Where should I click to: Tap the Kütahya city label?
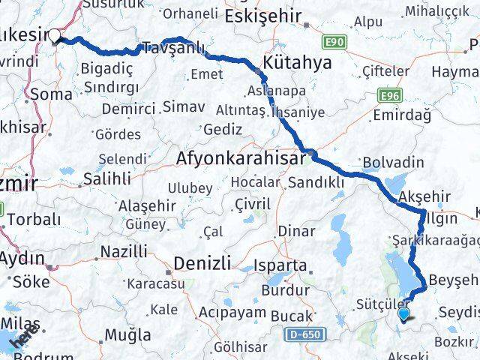click(x=298, y=63)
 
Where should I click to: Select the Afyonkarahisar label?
click(x=241, y=158)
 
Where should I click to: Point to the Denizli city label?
click(x=199, y=262)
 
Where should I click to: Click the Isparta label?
click(x=281, y=265)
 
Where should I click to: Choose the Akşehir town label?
click(x=426, y=196)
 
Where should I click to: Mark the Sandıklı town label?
click(x=316, y=181)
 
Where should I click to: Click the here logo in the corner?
click(x=23, y=341)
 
